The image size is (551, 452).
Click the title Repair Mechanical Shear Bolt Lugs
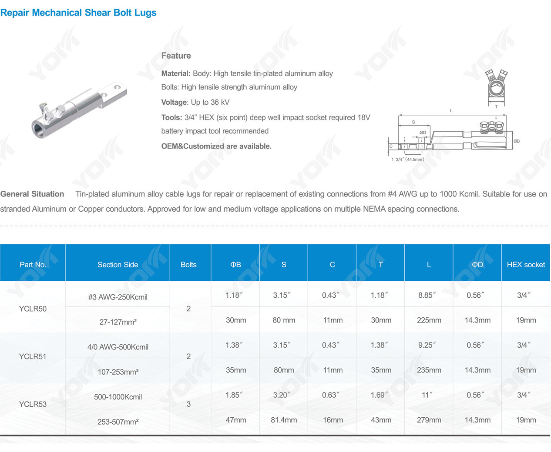coord(78,13)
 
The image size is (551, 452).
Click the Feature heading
coord(176,56)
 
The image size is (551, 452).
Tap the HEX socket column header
coord(526,265)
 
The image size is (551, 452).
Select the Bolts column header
coord(188,265)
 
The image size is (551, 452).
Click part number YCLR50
coord(33,309)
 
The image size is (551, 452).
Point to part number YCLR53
coord(33,404)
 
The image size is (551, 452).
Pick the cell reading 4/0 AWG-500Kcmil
coord(118,347)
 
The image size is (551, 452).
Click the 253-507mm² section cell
coord(118,422)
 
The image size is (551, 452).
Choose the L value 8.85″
coord(427,295)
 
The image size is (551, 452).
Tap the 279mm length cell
coord(429,420)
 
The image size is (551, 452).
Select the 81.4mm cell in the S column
coord(284,420)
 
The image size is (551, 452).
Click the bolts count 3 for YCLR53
coord(188,404)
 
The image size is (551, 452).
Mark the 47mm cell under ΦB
coord(236,420)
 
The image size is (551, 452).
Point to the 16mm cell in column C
coord(333,420)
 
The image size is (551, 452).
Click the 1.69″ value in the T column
coord(380,395)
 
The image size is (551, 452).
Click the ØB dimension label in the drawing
coord(517,141)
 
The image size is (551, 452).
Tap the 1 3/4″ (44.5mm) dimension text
coord(407,160)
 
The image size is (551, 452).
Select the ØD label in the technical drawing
coord(423,133)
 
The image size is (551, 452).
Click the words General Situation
coord(32,194)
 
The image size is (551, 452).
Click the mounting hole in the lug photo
coord(116,88)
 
